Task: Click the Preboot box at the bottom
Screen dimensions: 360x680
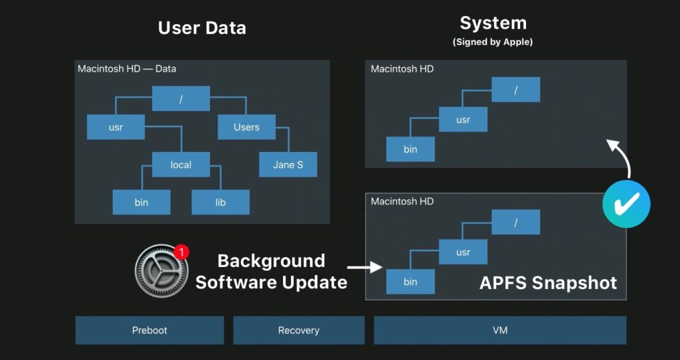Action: [149, 330]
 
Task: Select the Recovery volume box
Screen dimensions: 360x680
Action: [298, 330]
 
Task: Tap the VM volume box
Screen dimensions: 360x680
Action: [499, 330]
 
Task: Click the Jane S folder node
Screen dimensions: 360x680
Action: [288, 165]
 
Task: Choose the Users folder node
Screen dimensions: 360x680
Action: [246, 127]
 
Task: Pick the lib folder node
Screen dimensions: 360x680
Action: [220, 202]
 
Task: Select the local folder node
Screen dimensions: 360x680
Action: [181, 165]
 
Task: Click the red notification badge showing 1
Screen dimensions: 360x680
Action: [181, 252]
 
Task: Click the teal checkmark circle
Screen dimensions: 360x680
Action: [626, 204]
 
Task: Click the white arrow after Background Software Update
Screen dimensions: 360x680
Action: [365, 268]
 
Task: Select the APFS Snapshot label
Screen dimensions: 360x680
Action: [548, 283]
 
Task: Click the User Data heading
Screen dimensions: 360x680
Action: [202, 28]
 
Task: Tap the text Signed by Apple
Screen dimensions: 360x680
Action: [493, 42]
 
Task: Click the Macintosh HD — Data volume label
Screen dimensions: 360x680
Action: [127, 68]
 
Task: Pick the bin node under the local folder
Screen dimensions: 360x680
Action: [141, 202]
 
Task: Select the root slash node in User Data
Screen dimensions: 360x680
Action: [181, 99]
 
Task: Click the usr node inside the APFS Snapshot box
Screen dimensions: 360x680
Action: [463, 252]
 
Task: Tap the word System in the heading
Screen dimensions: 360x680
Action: [493, 23]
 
